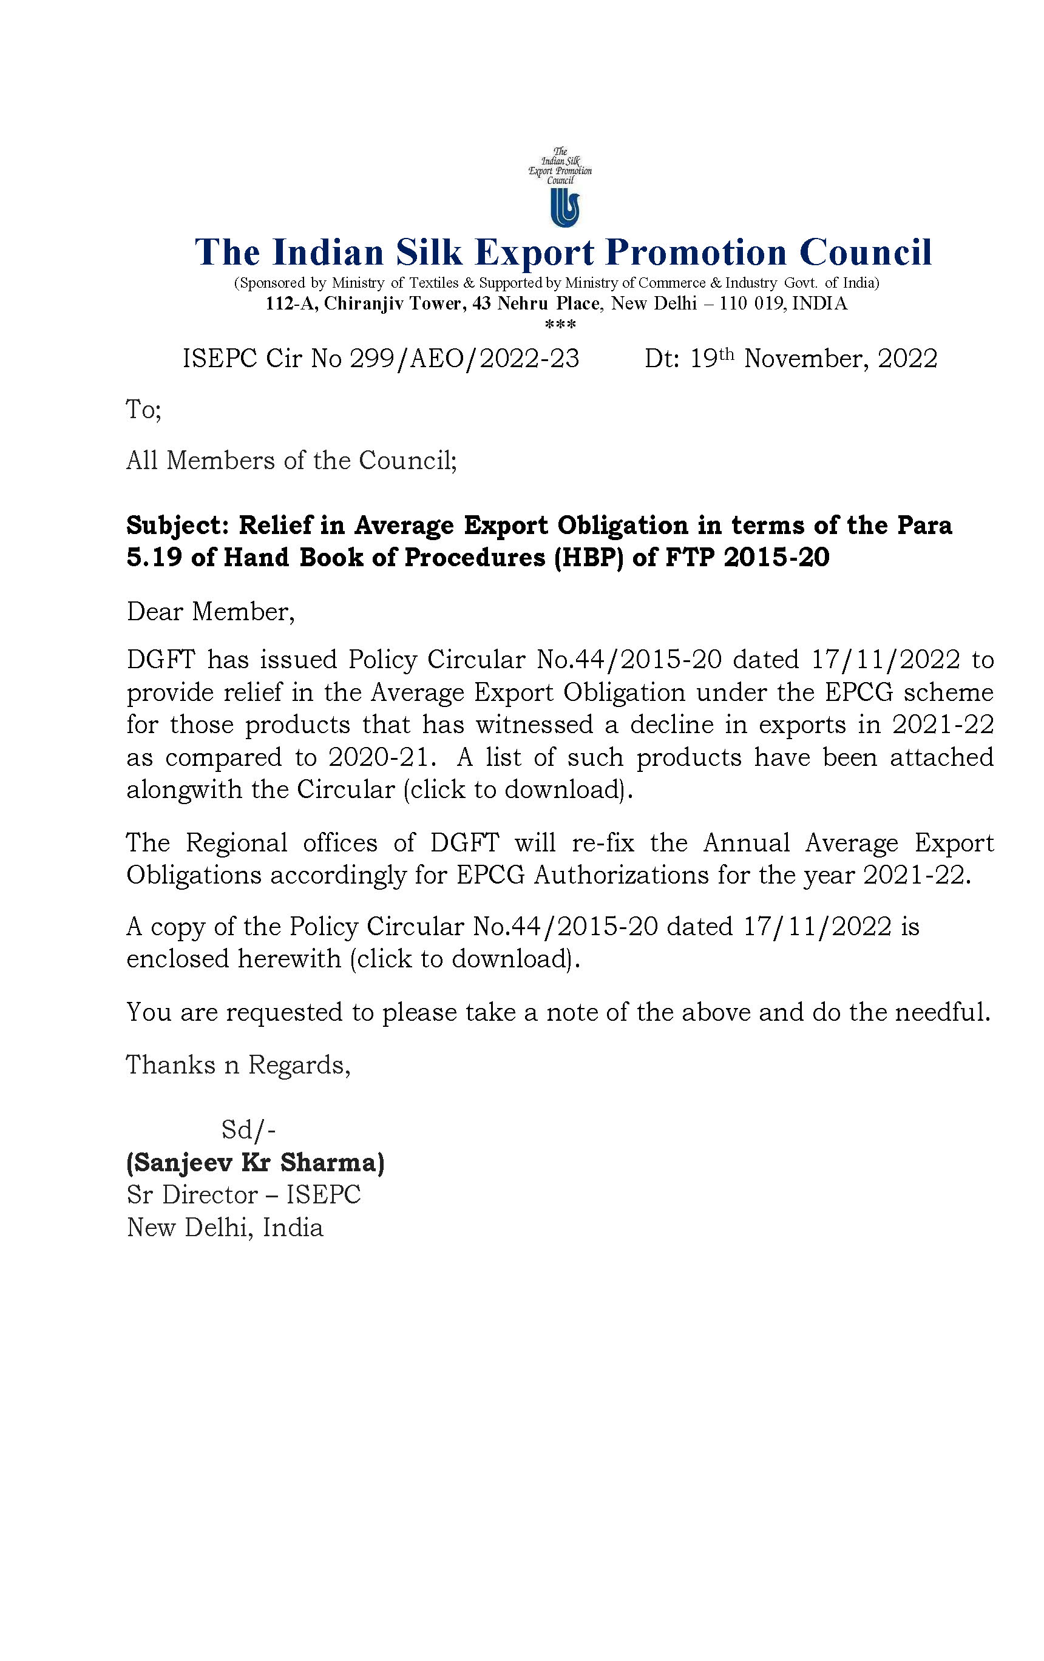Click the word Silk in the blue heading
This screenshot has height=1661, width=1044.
click(x=428, y=252)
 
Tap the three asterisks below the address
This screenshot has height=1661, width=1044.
click(x=560, y=324)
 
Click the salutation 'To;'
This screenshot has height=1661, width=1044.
click(x=143, y=410)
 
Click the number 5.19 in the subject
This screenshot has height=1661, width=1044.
click(x=153, y=557)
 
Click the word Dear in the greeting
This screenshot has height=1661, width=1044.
click(x=155, y=612)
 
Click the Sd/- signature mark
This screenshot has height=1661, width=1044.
click(x=248, y=1130)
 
